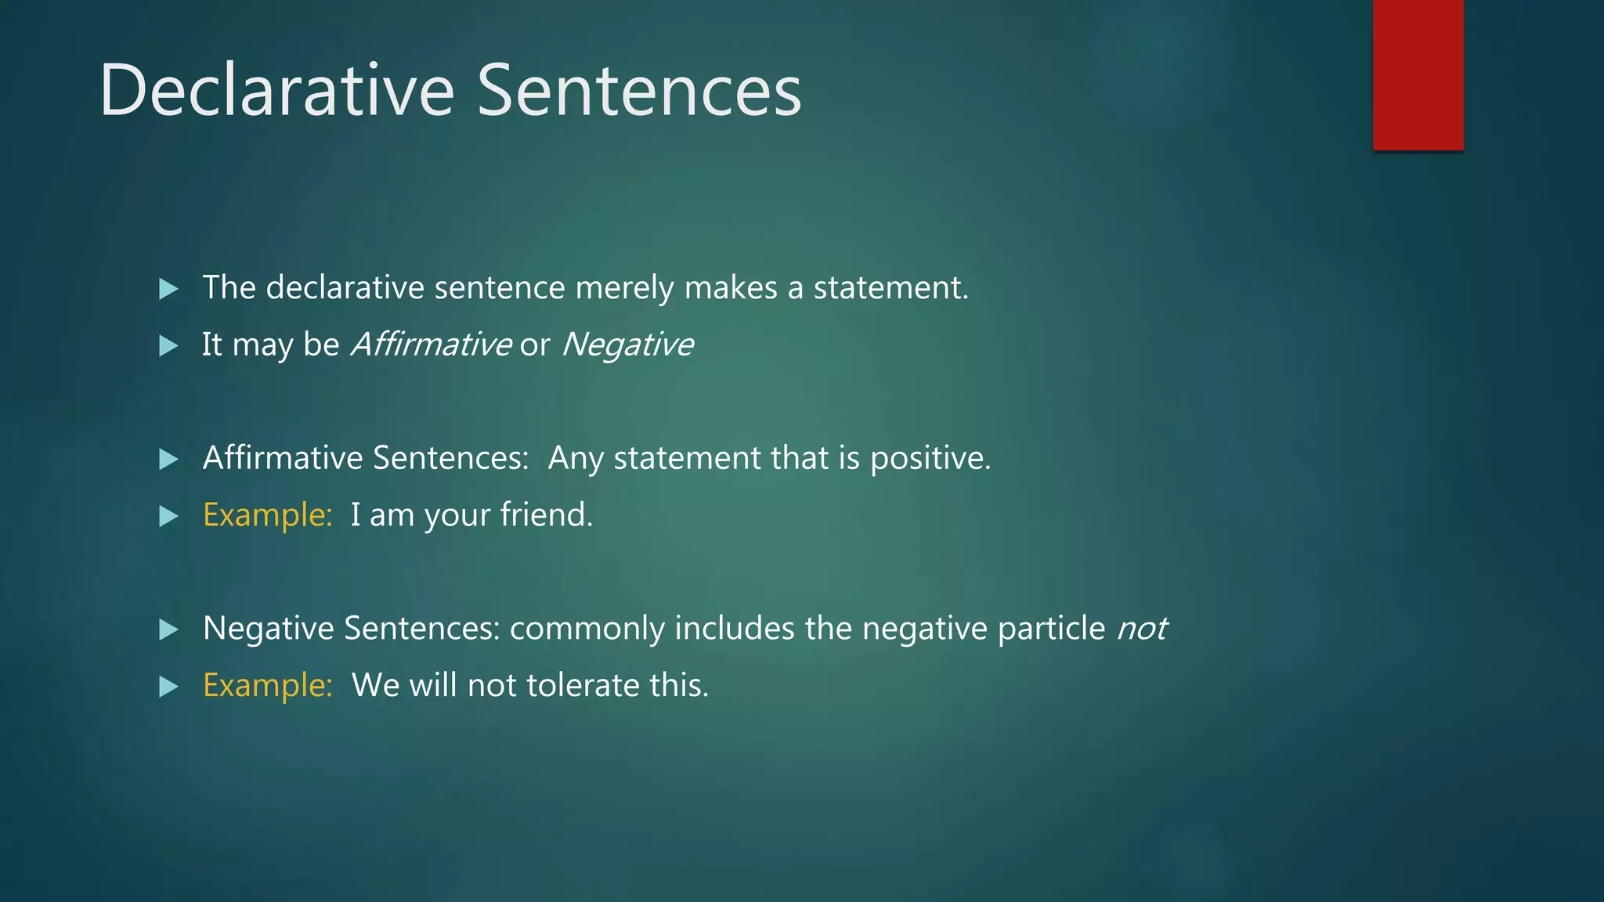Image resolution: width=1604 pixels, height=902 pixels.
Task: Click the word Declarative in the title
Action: [276, 91]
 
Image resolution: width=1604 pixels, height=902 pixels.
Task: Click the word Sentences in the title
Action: [639, 91]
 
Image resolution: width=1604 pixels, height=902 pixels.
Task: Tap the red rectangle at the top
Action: [1418, 74]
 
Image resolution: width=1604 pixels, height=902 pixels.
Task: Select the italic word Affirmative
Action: [431, 345]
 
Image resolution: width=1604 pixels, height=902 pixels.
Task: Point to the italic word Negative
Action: [627, 345]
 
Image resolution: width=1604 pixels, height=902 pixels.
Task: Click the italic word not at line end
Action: [1142, 629]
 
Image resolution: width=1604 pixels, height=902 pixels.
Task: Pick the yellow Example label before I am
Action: [268, 515]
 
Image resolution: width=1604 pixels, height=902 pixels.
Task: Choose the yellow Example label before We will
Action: [268, 686]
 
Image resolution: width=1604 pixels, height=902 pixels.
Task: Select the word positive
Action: [930, 458]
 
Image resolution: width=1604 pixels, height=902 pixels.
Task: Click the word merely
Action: [624, 288]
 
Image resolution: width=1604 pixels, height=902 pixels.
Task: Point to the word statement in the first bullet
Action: [891, 288]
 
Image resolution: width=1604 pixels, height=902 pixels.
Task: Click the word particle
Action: [1051, 629]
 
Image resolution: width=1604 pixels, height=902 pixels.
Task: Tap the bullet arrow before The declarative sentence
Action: [168, 289]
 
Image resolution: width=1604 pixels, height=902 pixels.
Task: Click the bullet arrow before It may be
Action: [168, 345]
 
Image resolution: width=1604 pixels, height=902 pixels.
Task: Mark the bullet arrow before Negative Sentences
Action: [168, 630]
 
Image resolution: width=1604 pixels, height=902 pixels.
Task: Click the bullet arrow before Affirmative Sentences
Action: [168, 459]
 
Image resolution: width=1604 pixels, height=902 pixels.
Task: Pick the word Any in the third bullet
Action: [576, 458]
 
